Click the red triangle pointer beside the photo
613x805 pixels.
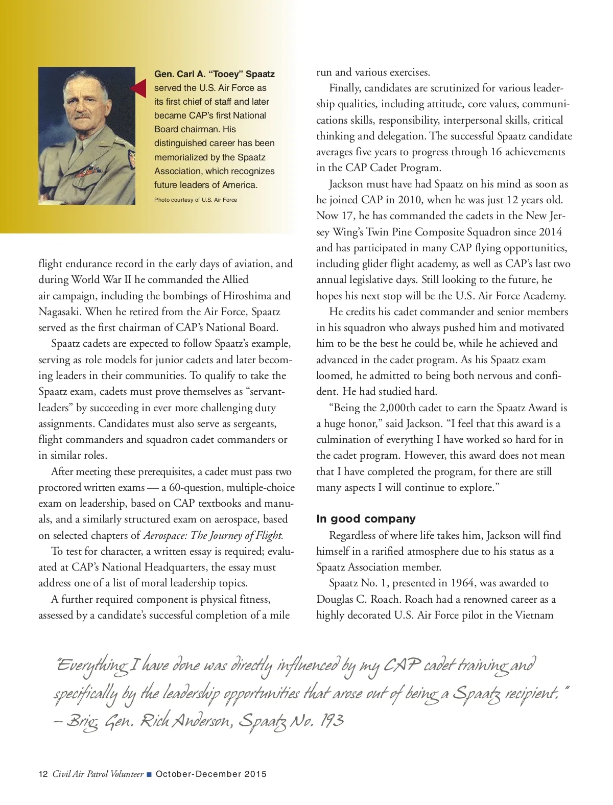[139, 89]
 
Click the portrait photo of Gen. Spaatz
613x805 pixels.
[87, 136]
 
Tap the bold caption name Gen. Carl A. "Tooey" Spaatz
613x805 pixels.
[214, 75]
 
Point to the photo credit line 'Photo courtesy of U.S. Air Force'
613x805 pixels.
[196, 200]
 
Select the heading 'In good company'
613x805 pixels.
[366, 519]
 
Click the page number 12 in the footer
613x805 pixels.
[43, 774]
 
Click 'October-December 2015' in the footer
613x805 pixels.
[211, 774]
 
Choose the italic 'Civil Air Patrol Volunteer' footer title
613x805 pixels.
[98, 774]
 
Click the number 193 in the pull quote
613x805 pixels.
[332, 721]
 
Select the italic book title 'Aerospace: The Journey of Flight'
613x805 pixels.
[213, 535]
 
